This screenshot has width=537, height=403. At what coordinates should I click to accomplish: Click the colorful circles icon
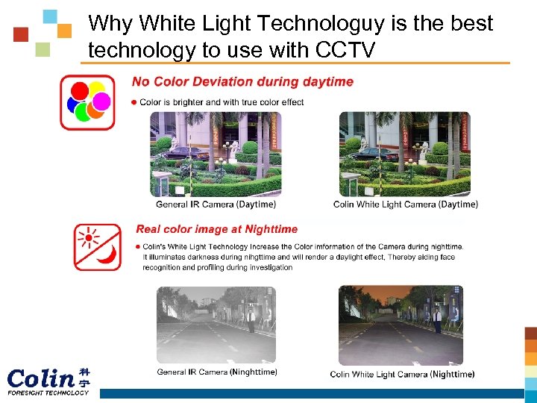[88, 101]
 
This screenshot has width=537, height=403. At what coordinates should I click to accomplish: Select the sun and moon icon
[97, 246]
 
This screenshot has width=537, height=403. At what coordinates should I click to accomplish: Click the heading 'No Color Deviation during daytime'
[242, 81]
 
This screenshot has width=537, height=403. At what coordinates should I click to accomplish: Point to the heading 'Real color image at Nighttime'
[216, 229]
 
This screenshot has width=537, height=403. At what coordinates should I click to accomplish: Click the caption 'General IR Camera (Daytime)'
[216, 204]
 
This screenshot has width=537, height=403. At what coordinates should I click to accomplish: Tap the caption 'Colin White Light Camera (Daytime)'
[405, 204]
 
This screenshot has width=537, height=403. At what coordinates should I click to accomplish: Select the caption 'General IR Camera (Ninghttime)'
[216, 372]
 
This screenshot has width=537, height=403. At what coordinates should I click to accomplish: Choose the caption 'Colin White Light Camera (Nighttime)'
[402, 374]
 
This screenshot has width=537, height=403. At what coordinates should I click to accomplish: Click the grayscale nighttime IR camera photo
[216, 325]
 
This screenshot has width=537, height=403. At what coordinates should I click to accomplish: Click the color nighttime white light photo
[401, 325]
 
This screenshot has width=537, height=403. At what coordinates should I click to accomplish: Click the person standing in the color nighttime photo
[438, 320]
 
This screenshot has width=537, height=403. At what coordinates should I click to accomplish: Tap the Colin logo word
[41, 377]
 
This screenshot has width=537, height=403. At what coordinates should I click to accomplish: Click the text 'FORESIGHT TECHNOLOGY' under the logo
[48, 393]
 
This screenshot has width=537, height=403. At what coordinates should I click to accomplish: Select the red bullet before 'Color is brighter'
[134, 102]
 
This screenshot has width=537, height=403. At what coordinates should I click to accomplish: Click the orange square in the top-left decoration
[65, 31]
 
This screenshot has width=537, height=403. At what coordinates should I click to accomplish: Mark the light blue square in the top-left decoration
[50, 16]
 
